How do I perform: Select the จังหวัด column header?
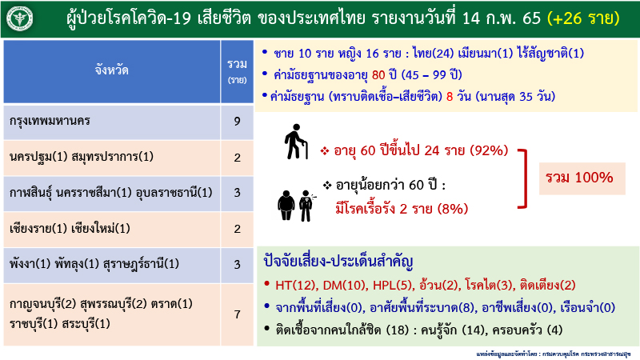point(111,70)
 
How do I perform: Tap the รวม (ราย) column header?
point(237,70)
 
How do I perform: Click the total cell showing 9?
point(237,122)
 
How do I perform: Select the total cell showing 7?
point(237,314)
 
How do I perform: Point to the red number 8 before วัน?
point(450,96)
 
